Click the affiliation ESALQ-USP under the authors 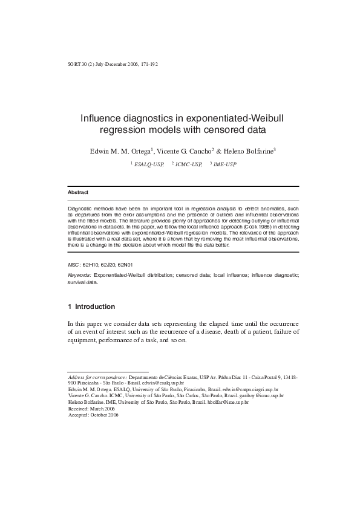[x=149, y=163]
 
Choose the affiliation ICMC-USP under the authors [x=188, y=163]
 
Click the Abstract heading [x=79, y=193]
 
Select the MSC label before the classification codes [x=73, y=265]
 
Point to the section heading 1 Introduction [x=91, y=307]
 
